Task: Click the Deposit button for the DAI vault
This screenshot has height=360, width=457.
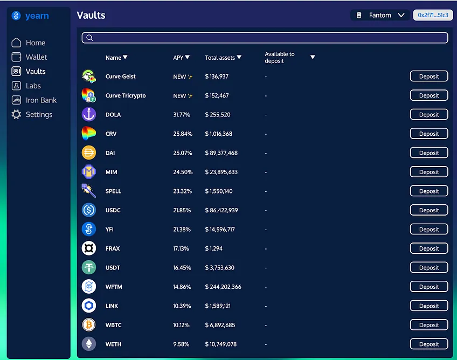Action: [429, 153]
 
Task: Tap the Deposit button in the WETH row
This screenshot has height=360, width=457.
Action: [429, 344]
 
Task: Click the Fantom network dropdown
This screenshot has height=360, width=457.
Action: [380, 15]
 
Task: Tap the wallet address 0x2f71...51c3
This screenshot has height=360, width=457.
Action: [433, 15]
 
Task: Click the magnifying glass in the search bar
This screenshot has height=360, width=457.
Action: [89, 38]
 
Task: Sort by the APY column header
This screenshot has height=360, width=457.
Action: [181, 58]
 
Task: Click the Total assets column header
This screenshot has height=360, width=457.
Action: [223, 58]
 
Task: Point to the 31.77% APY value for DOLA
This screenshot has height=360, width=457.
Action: [182, 115]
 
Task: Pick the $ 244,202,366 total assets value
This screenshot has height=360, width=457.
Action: [223, 287]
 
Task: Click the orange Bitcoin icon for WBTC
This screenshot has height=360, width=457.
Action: [89, 325]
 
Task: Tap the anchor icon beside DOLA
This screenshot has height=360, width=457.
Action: [89, 114]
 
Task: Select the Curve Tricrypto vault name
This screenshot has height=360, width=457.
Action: [126, 95]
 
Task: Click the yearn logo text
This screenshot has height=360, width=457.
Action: [37, 16]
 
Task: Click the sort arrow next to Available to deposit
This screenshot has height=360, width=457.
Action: [313, 57]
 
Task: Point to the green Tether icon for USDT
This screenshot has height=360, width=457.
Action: [89, 267]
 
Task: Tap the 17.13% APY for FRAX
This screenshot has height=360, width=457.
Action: [181, 248]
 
